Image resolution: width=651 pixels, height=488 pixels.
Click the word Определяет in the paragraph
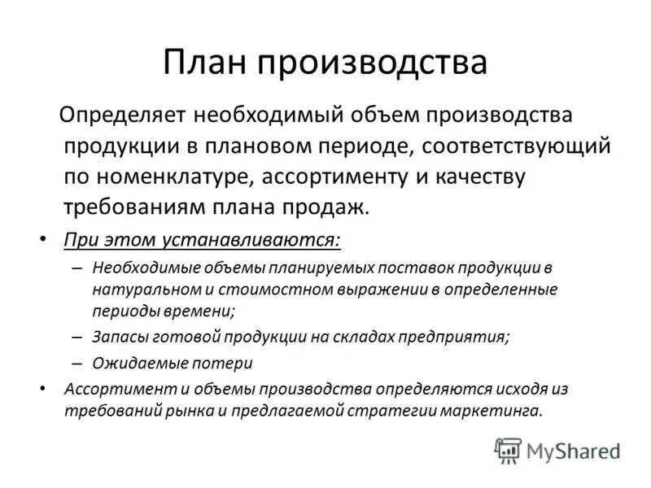coord(121,115)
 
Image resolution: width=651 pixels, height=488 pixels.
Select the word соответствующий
coord(517,146)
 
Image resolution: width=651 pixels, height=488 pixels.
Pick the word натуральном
coord(139,289)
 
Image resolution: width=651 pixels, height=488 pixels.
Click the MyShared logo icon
coord(508,449)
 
